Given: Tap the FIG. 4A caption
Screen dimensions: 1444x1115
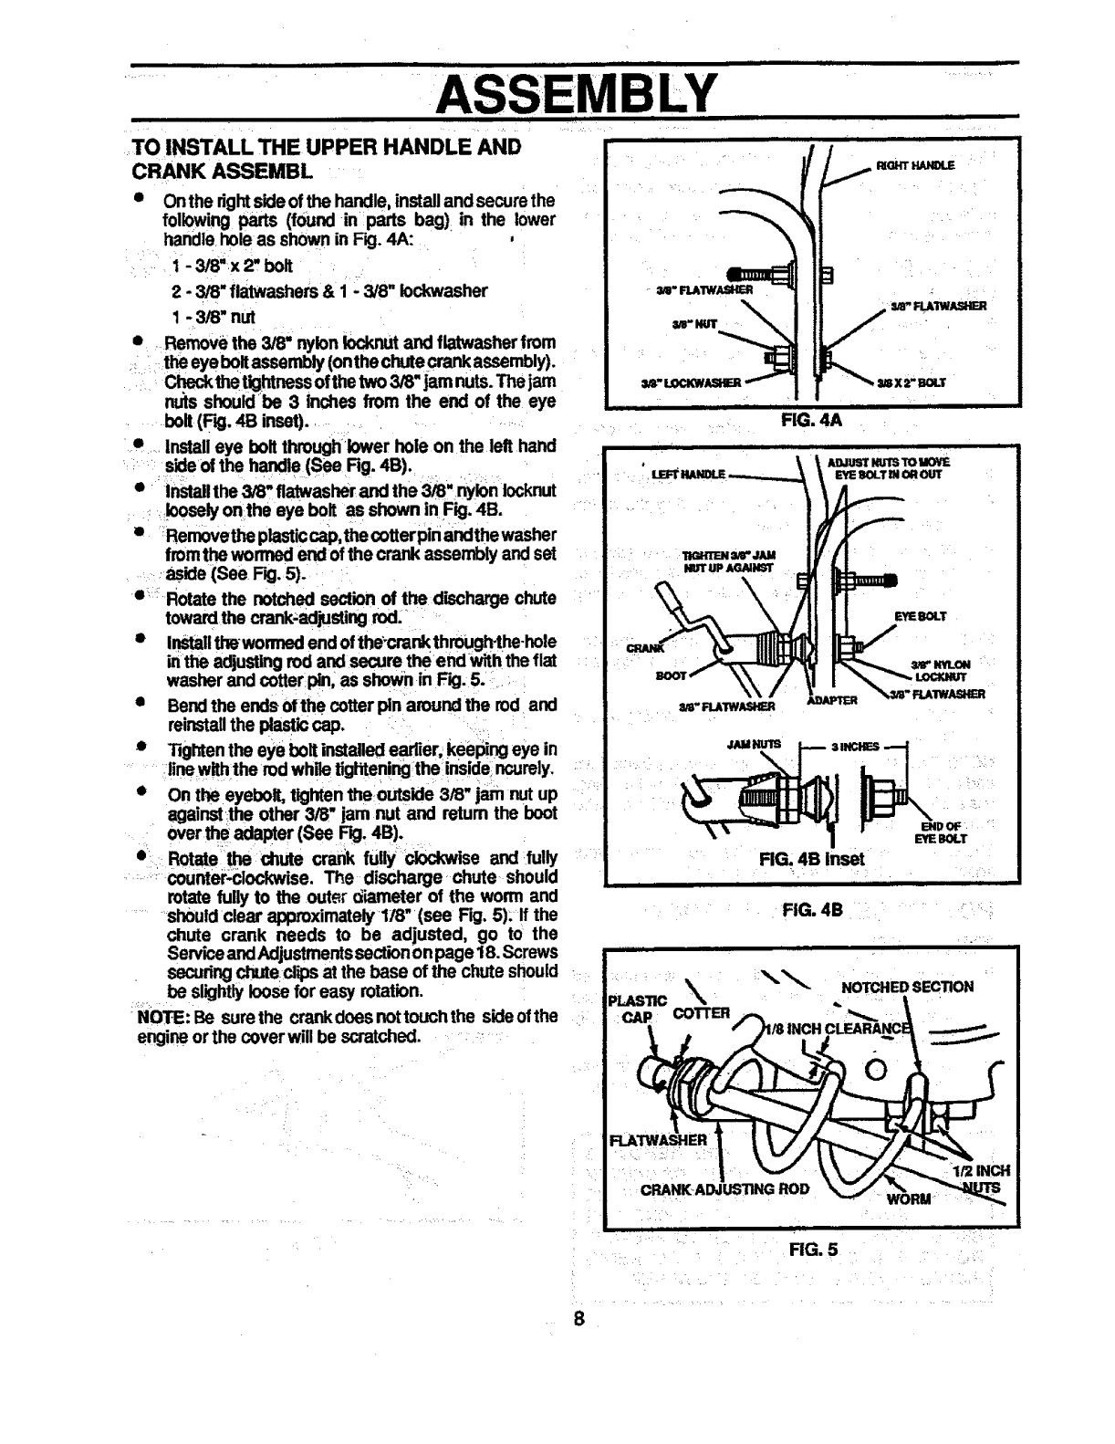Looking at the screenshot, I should tap(811, 423).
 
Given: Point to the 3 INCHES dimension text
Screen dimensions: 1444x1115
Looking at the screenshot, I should tap(855, 746).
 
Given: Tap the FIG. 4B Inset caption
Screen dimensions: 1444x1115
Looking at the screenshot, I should tap(810, 858).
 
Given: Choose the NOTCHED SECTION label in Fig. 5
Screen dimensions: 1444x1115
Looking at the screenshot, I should tap(907, 986).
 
